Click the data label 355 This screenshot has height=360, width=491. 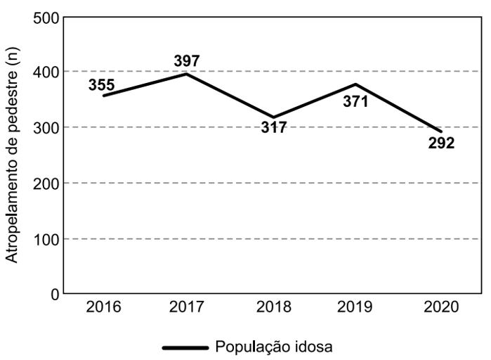(102, 85)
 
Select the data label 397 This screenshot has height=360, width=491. (187, 60)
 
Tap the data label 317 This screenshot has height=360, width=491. (273, 128)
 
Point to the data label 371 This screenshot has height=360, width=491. (355, 101)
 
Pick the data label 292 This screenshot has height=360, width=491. (441, 143)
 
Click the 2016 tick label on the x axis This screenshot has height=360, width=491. (103, 308)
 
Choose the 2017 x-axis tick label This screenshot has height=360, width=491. (188, 308)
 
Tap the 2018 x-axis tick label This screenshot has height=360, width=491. (272, 308)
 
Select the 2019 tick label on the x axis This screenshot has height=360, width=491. (356, 308)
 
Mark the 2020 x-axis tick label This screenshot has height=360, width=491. (440, 308)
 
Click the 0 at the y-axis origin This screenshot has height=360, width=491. (52, 294)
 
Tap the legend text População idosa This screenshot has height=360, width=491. (274, 347)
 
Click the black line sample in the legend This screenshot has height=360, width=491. (185, 347)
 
